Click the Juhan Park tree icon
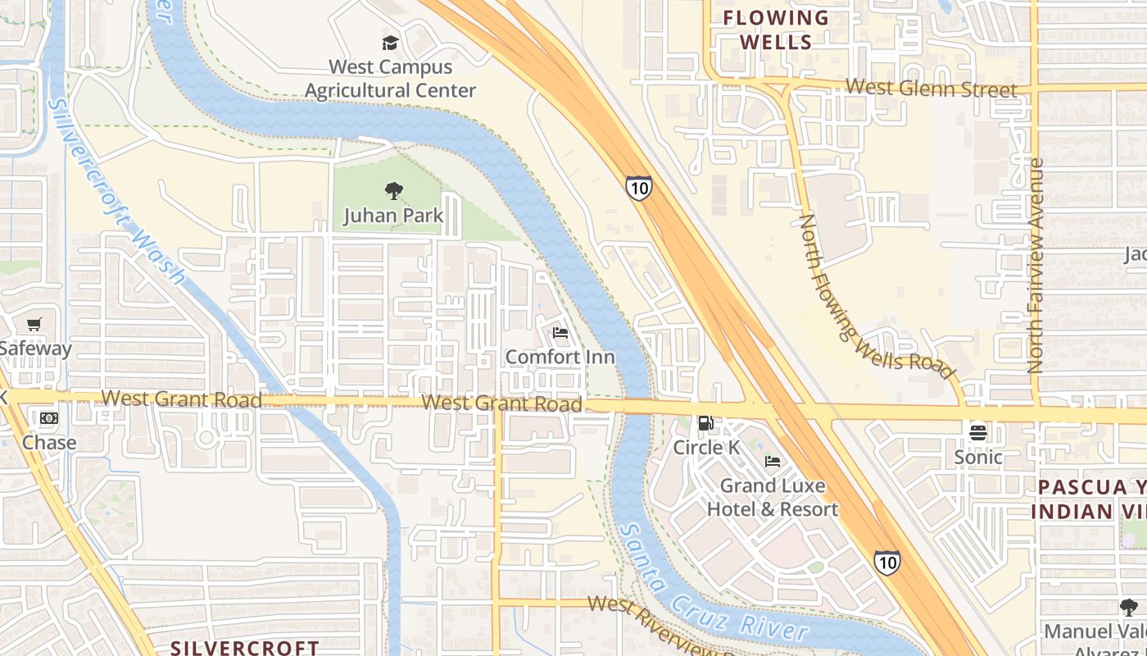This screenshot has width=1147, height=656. pos(393,192)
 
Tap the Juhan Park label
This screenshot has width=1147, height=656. pos(393,216)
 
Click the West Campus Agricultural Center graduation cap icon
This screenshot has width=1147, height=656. pos(390,43)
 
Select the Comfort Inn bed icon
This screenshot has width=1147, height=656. pos(560,333)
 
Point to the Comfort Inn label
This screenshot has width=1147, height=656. pos(560,357)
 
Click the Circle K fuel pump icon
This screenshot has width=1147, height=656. pos(705,423)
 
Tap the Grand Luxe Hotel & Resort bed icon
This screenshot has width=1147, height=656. pos(773,462)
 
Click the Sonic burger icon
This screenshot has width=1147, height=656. pos(978,432)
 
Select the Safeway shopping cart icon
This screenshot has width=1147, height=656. pos(34,325)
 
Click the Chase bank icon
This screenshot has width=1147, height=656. pos(49,418)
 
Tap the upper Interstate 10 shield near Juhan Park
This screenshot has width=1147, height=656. pos(639,188)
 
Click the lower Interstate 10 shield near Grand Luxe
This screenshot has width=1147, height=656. pos(886,562)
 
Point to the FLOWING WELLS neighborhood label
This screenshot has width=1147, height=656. pos(776,30)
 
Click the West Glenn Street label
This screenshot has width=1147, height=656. pos(931,88)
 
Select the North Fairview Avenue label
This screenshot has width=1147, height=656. pos(1036,266)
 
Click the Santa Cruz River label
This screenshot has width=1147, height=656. pos(713,584)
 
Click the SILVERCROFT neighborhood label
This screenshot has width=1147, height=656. pos(244,648)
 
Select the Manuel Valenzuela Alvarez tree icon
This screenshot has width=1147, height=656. pos(1129,608)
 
